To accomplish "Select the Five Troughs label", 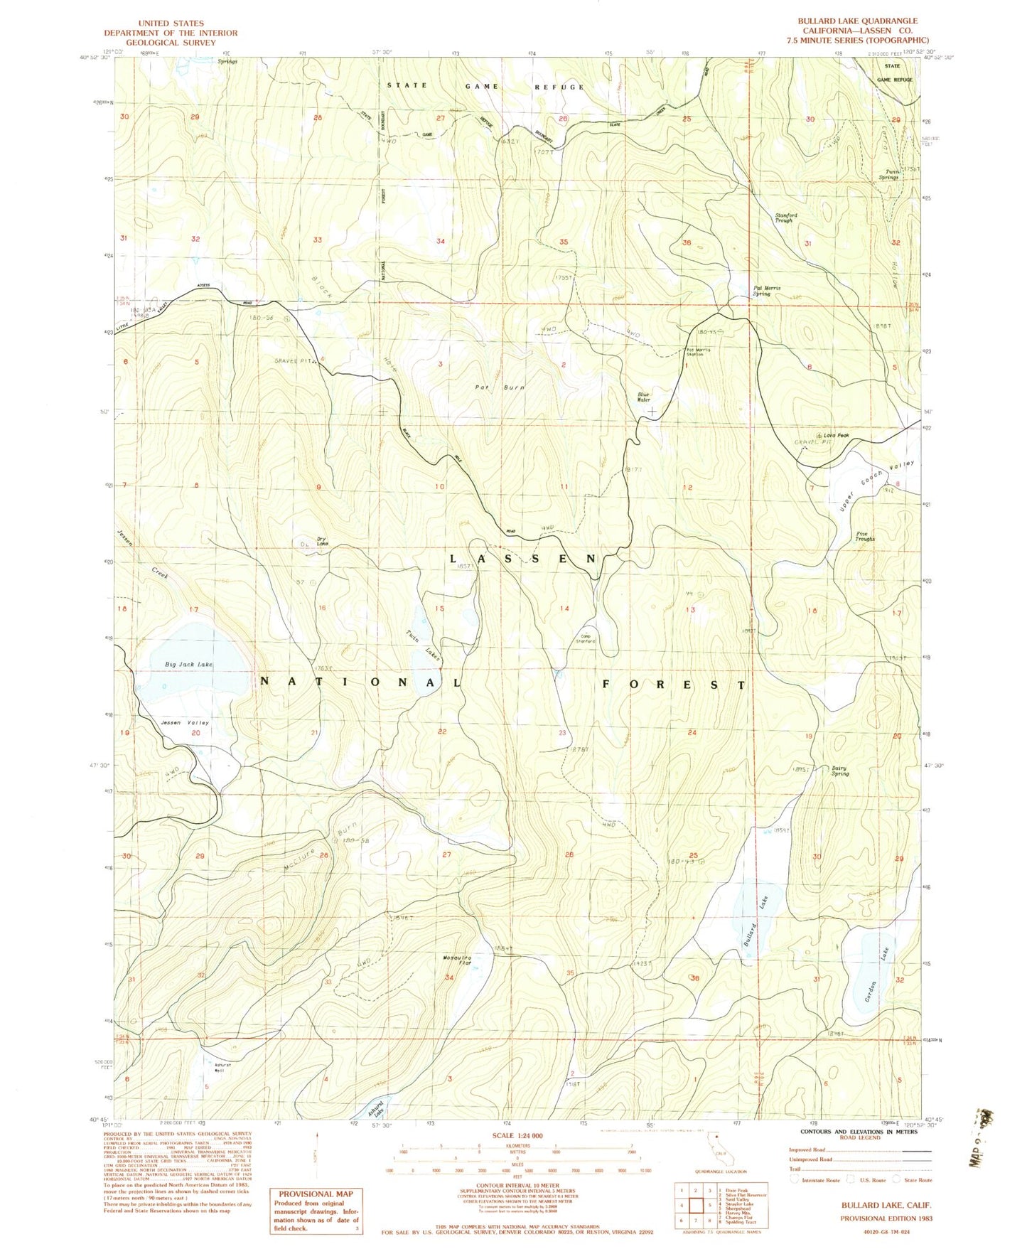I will (x=865, y=536).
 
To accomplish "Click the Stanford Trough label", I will (x=785, y=218).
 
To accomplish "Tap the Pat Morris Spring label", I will (x=767, y=291).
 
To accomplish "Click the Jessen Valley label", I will (x=185, y=722).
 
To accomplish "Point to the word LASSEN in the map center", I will (x=523, y=559).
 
